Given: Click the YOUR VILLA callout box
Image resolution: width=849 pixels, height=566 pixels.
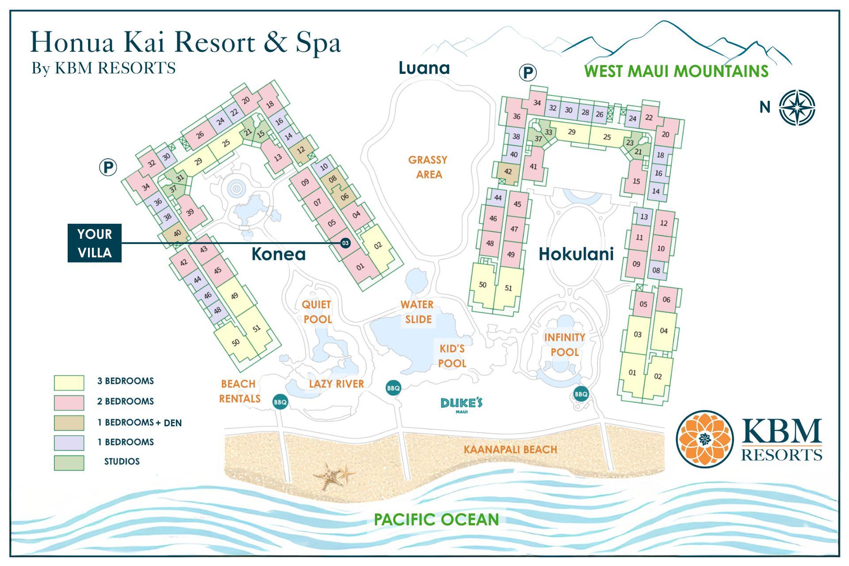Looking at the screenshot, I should pos(94,243).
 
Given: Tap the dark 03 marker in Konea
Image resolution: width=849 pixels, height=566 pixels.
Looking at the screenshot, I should pos(345,243).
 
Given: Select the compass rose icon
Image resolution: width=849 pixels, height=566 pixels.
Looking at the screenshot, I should pos(797,107).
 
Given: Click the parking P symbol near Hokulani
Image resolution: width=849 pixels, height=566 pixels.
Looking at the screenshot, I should pos(527,73).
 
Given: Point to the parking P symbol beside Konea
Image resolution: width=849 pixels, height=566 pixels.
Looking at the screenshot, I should pos(107,168).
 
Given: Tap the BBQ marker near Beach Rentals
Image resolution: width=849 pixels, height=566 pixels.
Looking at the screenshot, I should pos(280,402).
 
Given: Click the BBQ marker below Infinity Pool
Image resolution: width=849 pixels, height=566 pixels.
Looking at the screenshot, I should pos(581,394).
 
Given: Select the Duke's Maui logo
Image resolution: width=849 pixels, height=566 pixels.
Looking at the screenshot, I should pos(461,405).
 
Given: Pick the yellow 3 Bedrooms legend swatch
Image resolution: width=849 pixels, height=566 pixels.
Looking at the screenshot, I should pos(69,382).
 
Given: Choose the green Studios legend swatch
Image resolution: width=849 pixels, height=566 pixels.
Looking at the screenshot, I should pos(69,463).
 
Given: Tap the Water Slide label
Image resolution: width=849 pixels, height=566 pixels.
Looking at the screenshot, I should pos(417,312).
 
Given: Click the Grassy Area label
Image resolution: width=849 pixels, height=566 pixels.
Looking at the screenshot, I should pos(428,167).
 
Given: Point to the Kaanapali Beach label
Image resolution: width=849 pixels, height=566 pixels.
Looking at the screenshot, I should pos(510,450).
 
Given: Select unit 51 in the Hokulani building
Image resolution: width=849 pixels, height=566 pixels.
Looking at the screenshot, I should pos(509,288).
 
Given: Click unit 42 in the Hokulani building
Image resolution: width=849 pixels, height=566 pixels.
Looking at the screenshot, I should pos(508,171).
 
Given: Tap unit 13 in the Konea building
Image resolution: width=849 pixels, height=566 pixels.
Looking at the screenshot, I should pos(277,157).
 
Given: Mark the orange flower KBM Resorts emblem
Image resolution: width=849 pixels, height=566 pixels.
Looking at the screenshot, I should pos(704,439).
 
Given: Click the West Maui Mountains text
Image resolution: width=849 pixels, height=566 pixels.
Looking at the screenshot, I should pos(676,71).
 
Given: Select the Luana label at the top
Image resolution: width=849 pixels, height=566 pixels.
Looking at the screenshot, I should pos(424,68).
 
